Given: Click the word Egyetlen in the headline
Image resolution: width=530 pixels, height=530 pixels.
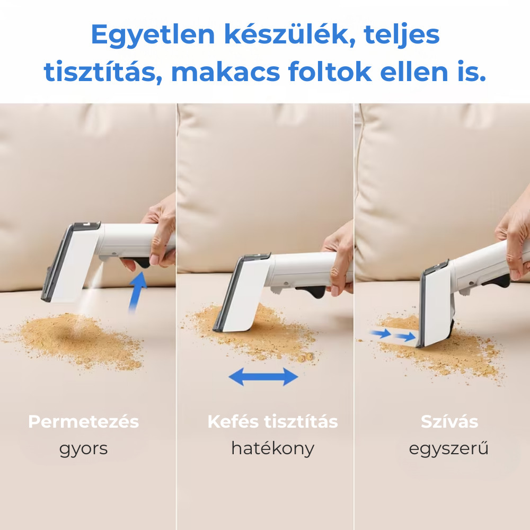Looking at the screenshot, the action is point(153,35).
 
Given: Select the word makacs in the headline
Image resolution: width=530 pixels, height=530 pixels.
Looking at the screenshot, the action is point(225,72).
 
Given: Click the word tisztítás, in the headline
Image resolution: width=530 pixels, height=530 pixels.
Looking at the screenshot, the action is point(103,72).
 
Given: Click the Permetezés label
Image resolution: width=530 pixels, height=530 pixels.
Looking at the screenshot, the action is point(84,421).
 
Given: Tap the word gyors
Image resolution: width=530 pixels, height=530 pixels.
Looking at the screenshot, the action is point(84,449).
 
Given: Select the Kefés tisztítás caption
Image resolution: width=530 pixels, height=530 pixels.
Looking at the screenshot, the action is point(273,421).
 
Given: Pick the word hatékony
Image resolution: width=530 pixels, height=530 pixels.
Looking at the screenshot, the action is point(273,449).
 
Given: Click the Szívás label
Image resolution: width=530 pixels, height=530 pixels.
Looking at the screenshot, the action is point(449,421).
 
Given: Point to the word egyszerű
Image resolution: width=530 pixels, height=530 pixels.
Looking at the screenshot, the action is point(448,449).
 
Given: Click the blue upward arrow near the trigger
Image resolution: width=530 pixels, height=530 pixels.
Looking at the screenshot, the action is point(138,291).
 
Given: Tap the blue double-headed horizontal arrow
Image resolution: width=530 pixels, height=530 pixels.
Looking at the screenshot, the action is point(263,377).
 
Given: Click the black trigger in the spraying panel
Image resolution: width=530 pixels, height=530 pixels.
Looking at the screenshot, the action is point(140,262).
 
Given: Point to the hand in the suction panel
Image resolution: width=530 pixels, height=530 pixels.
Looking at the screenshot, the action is point(514,236).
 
